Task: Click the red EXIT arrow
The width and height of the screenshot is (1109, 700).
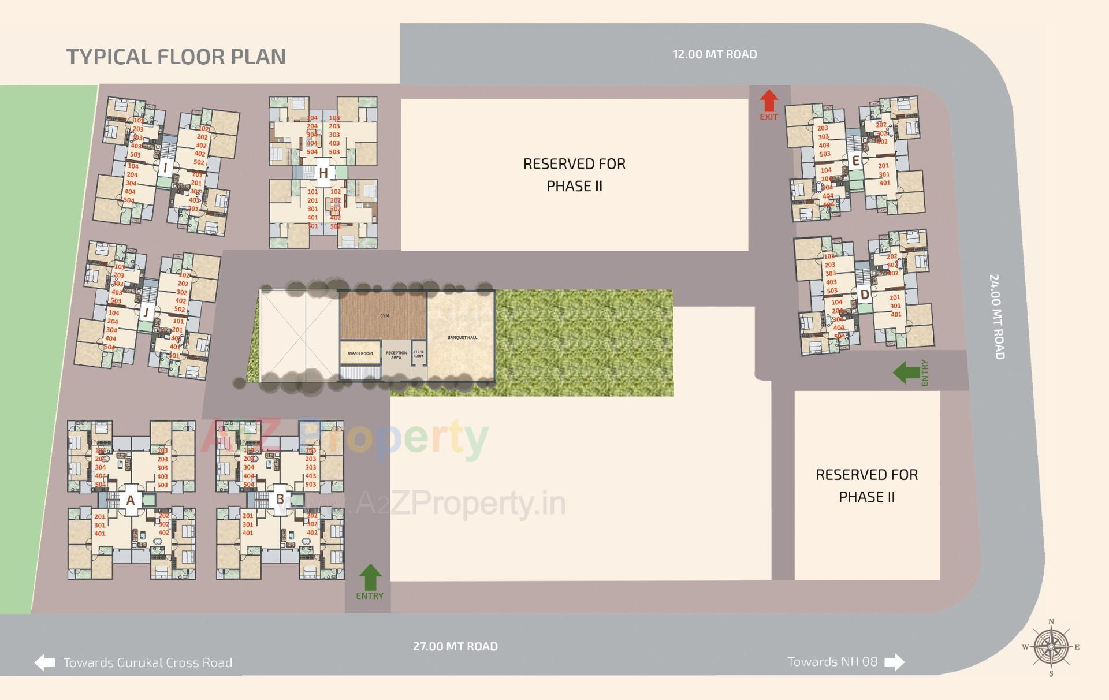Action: tap(768, 100)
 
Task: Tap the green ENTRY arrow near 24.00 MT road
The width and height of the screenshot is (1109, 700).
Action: tap(906, 373)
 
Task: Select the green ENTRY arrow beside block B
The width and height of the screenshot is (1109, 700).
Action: tap(370, 577)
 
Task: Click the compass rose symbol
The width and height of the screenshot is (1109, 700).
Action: tap(1051, 647)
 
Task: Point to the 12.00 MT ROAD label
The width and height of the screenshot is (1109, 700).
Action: tap(714, 54)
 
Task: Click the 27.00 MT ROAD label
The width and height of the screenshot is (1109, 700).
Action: tap(455, 646)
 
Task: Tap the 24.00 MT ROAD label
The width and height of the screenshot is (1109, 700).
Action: tap(997, 317)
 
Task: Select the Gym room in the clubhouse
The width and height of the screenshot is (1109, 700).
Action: tap(384, 315)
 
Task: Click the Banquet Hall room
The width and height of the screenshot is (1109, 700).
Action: tap(462, 337)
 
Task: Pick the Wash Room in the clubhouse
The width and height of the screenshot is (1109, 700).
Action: tap(360, 353)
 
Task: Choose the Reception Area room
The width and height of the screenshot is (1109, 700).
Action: tap(396, 355)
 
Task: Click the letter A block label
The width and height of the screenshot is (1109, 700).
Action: tap(131, 500)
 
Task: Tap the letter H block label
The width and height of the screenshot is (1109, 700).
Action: tap(323, 173)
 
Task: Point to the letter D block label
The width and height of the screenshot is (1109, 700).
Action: tap(865, 295)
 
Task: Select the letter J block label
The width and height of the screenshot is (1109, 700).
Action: tap(146, 312)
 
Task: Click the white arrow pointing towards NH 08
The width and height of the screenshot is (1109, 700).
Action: tap(894, 662)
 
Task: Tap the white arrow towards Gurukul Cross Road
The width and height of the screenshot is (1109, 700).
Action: tap(44, 662)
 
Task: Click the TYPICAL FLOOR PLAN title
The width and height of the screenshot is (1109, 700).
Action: tap(176, 57)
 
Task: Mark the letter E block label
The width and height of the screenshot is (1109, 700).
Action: tap(856, 161)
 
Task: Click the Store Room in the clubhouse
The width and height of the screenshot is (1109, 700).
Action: tap(418, 353)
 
